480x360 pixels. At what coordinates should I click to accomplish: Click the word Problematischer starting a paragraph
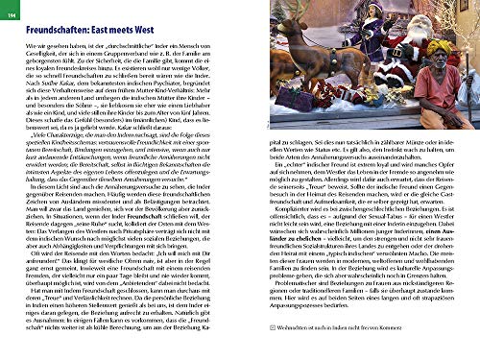278,299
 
